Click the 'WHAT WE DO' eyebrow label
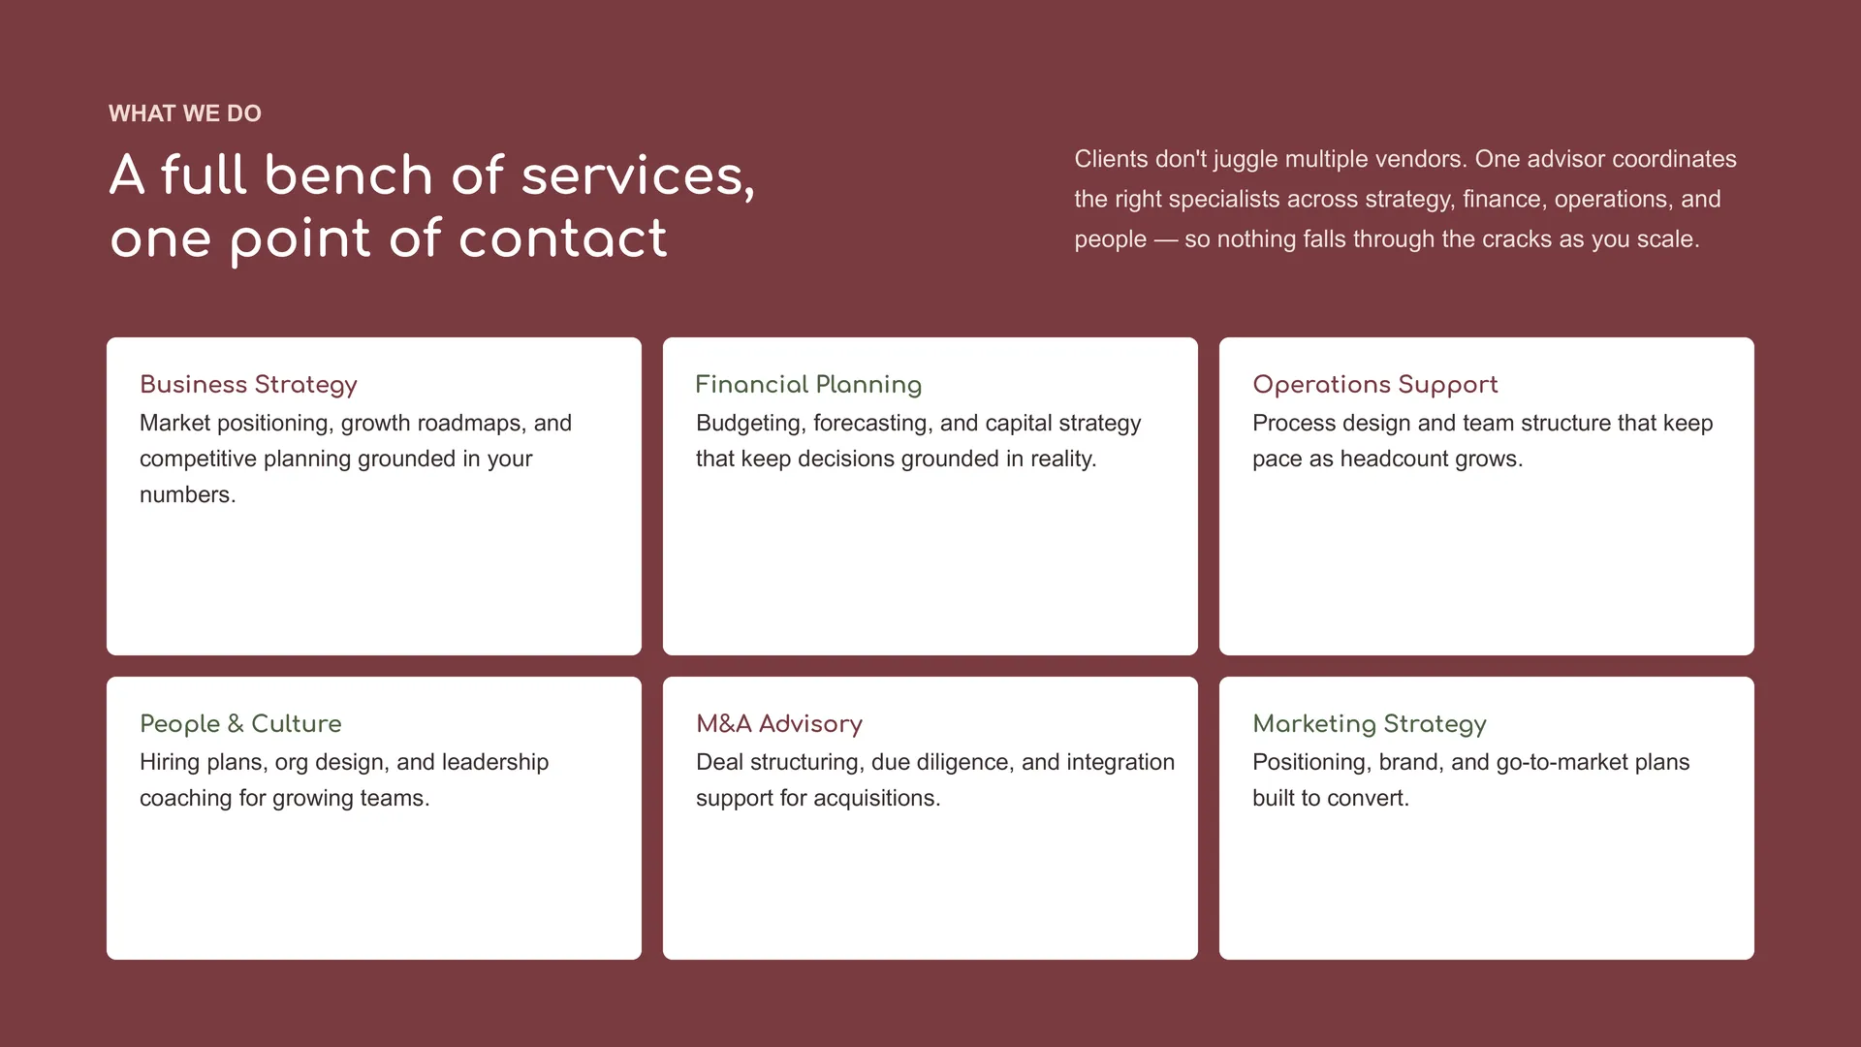pos(185,113)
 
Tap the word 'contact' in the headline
pos(562,238)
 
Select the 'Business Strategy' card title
pos(248,385)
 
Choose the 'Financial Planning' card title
pos(808,385)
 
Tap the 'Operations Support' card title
pos(1374,385)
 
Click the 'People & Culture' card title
pos(240,723)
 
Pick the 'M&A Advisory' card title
pos(779,723)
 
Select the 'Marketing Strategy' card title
pos(1369,724)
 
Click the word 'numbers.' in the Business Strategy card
pos(188,494)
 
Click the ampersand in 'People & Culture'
pos(236,723)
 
